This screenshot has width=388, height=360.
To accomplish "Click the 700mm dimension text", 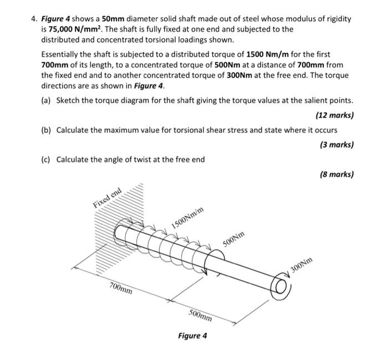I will coord(121,289).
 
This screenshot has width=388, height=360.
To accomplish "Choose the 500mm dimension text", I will coord(201,316).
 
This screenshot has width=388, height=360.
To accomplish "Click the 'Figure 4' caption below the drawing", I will coord(192,336).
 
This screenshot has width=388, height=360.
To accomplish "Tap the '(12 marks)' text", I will coord(334,115).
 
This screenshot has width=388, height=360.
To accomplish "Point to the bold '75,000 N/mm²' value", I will coord(64,29).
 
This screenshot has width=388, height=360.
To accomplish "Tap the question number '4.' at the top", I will coord(34,19).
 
